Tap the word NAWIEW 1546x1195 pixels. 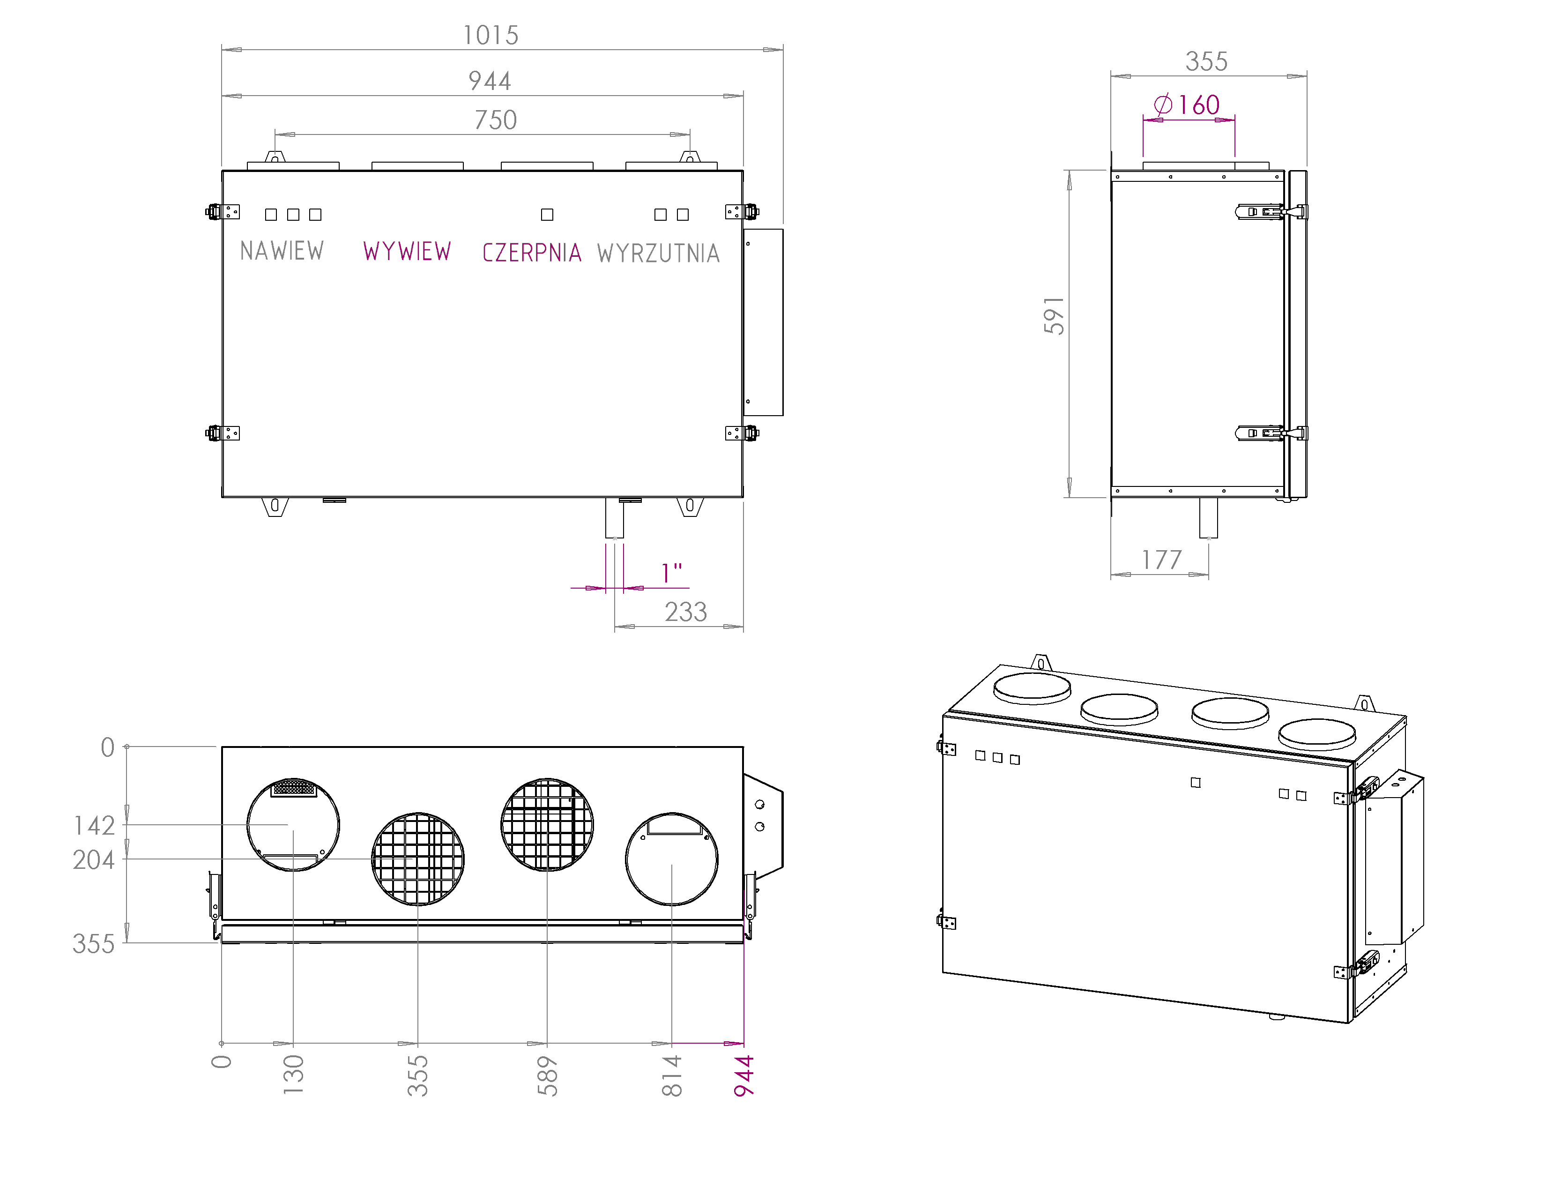click(282, 251)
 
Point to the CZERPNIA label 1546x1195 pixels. click(532, 253)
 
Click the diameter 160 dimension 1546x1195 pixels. click(1188, 105)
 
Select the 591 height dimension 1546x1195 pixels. click(1054, 316)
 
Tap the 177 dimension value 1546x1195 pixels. click(1162, 560)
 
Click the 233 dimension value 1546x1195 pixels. click(685, 612)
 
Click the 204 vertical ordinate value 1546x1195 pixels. click(93, 860)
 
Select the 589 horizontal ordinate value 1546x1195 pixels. click(547, 1075)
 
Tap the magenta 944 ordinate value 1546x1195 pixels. click(744, 1075)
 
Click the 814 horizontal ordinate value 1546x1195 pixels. click(672, 1075)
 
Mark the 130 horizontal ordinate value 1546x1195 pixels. click(293, 1074)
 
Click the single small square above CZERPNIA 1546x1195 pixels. click(547, 215)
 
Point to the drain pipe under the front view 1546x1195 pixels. click(615, 518)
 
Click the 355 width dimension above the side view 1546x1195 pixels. click(1206, 61)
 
